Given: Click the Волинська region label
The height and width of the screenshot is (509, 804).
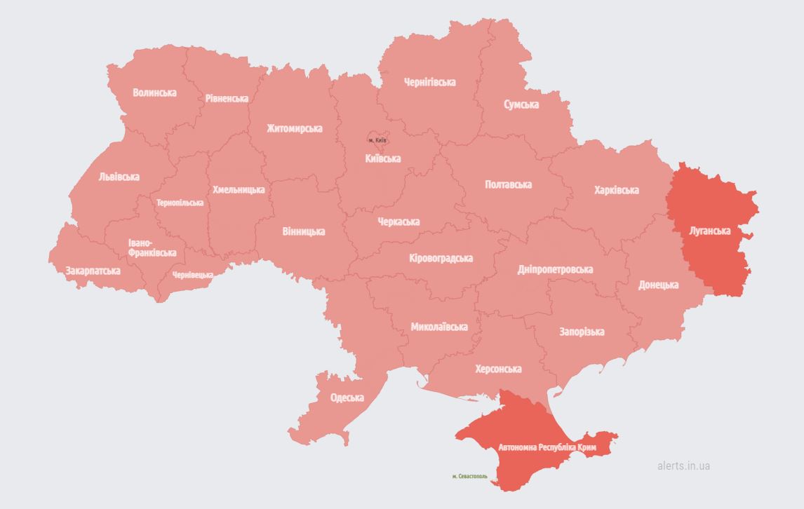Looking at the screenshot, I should coord(155,93).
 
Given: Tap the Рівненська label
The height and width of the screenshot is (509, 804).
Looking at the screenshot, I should coord(227,98).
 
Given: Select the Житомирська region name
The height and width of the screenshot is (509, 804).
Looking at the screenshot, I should coord(294,128).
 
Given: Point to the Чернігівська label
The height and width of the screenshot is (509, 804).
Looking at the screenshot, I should coord(429,82).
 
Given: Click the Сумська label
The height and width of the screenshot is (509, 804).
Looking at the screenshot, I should coord(521,104).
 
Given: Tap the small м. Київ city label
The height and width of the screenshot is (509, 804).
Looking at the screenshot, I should coord(377,140).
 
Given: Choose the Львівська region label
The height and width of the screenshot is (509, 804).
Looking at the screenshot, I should coord(119,177).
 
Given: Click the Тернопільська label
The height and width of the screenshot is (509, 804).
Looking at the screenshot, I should coord(180,203).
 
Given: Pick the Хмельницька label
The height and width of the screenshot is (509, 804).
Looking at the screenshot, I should coord(239,189).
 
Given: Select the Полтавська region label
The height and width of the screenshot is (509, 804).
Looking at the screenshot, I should coord(508,184).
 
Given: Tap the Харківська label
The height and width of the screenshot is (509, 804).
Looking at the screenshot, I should coord(616,190).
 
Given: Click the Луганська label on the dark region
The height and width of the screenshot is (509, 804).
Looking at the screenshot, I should coord(710,231).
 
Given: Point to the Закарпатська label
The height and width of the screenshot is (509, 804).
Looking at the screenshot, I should coord(93,270).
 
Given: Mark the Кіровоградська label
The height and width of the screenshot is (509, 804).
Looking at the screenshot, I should coord(441,258).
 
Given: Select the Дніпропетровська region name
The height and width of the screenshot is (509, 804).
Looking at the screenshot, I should coord(555,269).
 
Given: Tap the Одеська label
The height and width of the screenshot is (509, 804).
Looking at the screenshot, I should coord(347,398).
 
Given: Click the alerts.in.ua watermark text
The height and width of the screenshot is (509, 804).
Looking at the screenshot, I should coord(683,466).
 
